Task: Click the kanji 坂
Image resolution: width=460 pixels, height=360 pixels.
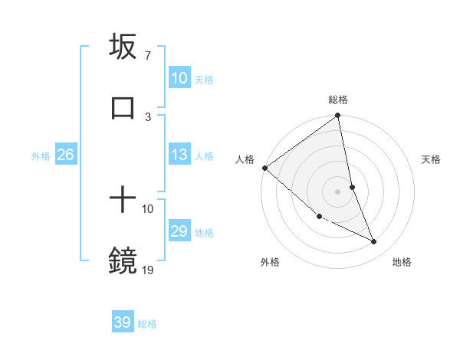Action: (x=123, y=47)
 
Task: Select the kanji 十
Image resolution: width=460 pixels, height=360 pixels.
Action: (x=123, y=201)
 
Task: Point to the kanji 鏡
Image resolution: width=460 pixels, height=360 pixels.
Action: (x=123, y=260)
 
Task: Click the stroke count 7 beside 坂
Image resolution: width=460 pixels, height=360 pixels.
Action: (x=147, y=56)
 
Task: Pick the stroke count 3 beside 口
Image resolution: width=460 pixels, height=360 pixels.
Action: (x=148, y=116)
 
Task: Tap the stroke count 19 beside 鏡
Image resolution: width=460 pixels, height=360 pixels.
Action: (x=148, y=269)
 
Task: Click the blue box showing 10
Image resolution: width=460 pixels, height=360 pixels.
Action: (x=179, y=78)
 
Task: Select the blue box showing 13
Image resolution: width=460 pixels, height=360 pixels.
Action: (x=179, y=155)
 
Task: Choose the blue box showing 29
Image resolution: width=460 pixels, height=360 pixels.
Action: (x=179, y=231)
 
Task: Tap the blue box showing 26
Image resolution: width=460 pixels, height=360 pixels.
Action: (x=65, y=155)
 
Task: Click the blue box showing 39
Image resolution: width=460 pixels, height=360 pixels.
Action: (x=123, y=322)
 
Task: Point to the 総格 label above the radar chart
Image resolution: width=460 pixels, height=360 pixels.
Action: (x=338, y=100)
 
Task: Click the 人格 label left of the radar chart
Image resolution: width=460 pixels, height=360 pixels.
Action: (x=245, y=159)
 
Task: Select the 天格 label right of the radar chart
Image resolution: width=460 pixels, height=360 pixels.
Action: (x=431, y=159)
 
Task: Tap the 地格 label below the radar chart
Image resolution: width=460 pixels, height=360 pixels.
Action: (x=402, y=262)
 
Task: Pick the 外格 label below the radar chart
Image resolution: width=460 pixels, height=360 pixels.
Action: (x=270, y=262)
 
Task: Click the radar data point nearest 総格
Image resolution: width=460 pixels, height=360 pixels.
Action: (x=338, y=116)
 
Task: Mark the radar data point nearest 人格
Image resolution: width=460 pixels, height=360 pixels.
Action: (x=264, y=168)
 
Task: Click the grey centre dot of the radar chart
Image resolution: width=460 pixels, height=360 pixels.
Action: (x=338, y=191)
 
